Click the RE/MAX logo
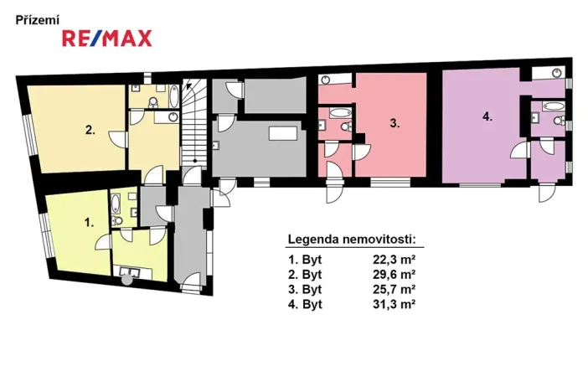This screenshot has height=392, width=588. click(106, 37)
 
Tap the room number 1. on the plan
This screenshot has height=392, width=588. click(89, 223)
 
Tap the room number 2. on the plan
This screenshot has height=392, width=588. click(89, 130)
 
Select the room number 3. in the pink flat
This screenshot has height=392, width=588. click(395, 122)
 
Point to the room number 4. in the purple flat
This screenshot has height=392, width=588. click(487, 117)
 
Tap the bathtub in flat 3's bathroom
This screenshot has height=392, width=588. click(340, 112)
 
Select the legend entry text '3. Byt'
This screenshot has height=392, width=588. click(305, 289)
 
